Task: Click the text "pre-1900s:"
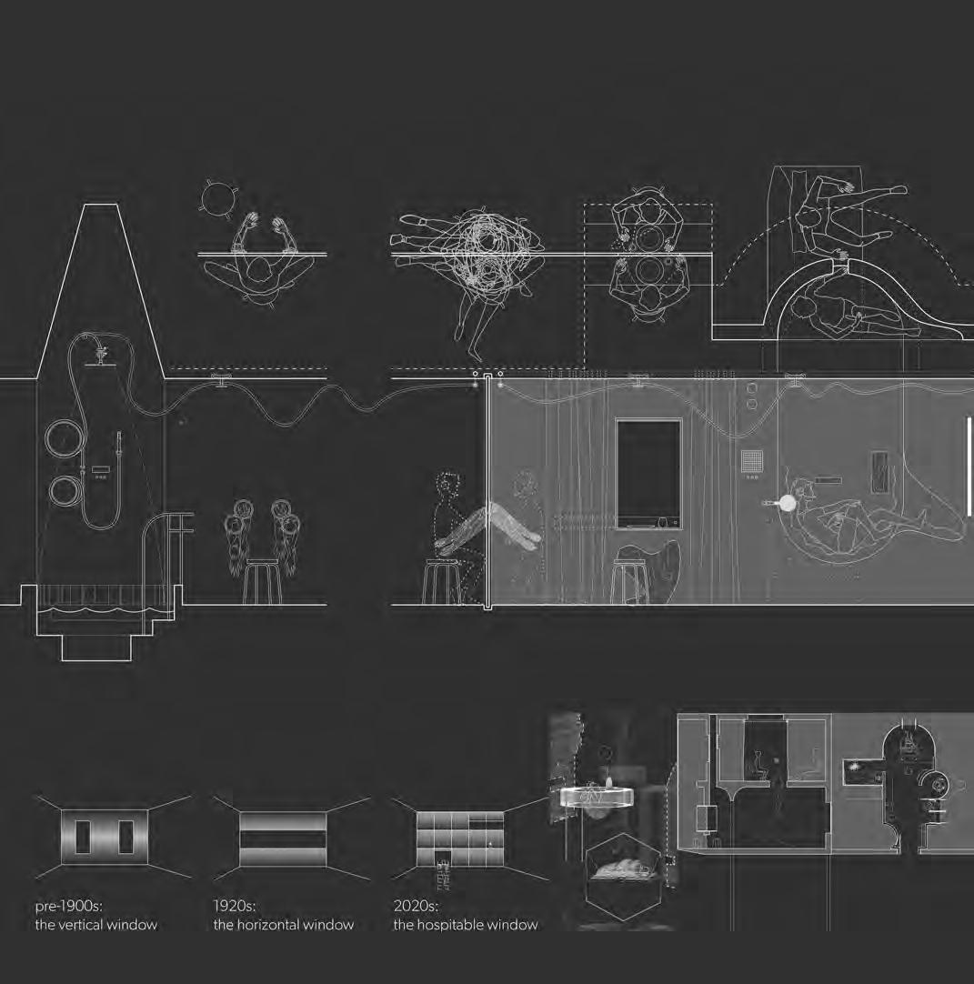(70, 906)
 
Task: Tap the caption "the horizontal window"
(283, 925)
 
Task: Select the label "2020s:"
(416, 906)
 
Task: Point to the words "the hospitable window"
(465, 925)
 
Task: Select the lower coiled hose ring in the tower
(67, 493)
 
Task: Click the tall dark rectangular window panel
(648, 472)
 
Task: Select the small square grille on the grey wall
(750, 462)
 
